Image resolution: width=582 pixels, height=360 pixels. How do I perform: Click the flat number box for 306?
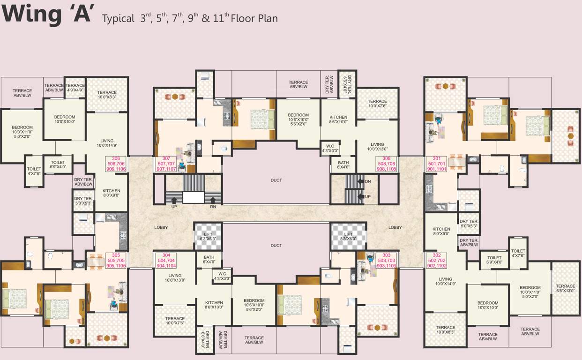click(x=116, y=164)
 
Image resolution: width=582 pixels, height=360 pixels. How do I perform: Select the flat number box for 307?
click(x=166, y=164)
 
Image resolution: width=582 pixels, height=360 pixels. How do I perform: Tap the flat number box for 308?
click(x=386, y=164)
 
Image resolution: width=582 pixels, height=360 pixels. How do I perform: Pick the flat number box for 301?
click(x=437, y=164)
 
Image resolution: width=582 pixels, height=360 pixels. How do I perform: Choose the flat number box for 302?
click(x=437, y=260)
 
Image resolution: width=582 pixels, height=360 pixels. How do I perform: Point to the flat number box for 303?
click(x=386, y=260)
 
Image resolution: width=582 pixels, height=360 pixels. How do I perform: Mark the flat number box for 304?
click(x=166, y=260)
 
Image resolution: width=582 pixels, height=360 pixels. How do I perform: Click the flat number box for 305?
click(x=116, y=260)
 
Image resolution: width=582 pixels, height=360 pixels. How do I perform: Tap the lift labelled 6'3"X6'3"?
click(x=208, y=236)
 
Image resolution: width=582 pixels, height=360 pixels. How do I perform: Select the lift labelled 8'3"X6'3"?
click(x=348, y=236)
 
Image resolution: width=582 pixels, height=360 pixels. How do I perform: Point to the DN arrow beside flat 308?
click(x=361, y=181)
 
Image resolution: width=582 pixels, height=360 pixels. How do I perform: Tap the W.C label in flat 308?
click(x=330, y=149)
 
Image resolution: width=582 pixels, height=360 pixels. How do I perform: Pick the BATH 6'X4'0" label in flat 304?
click(x=209, y=259)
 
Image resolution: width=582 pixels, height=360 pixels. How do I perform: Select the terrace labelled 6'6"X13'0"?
click(x=566, y=288)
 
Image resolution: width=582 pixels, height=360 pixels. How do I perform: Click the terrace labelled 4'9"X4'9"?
click(x=75, y=88)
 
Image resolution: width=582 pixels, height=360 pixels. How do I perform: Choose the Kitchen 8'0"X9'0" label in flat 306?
click(x=112, y=193)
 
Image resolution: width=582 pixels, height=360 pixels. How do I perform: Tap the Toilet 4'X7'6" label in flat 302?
click(x=518, y=253)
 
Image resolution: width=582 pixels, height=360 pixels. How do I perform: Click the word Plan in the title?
click(x=266, y=19)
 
